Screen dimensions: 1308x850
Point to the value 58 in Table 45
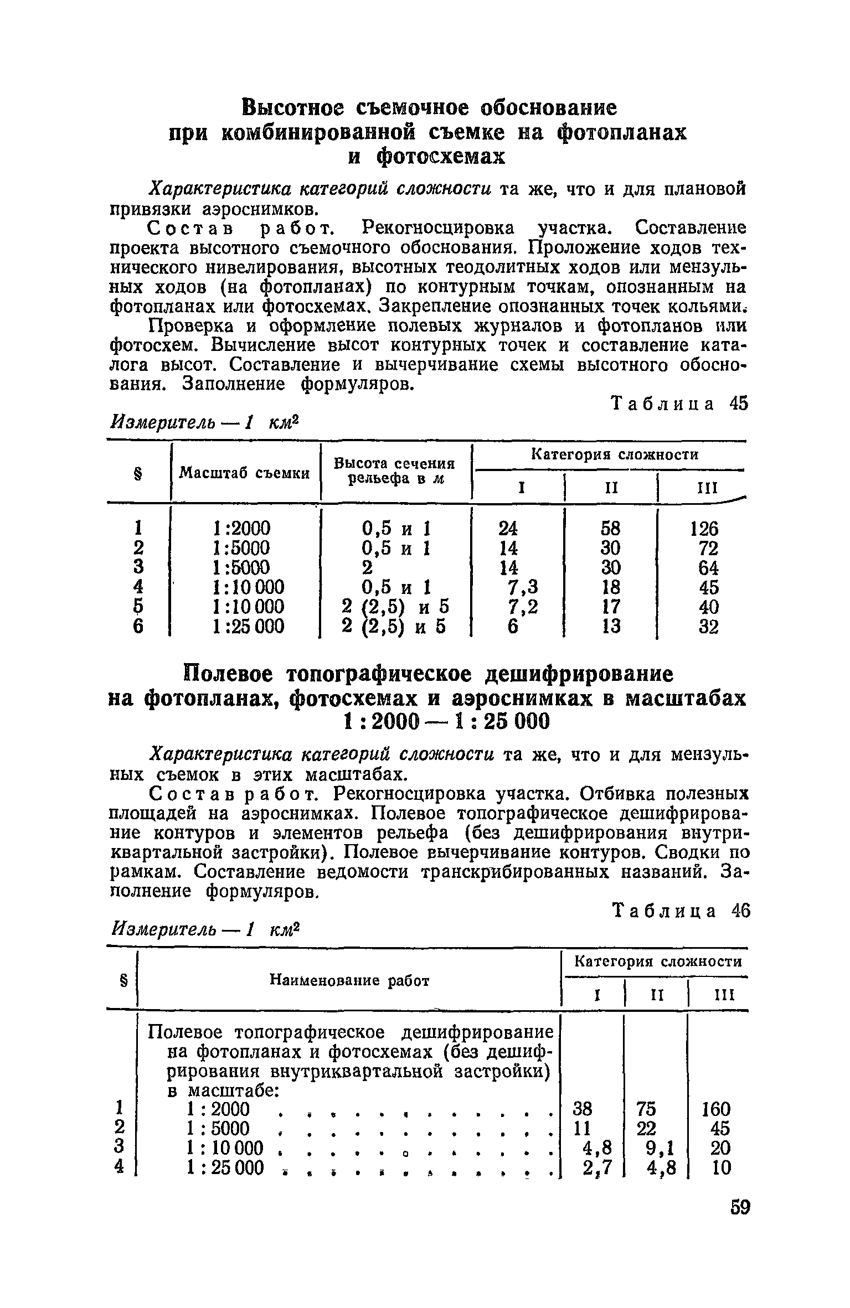tap(610, 529)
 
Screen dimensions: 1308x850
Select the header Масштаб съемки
tap(244, 473)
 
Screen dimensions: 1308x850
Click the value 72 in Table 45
tap(708, 548)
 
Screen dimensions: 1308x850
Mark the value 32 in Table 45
tap(708, 627)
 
